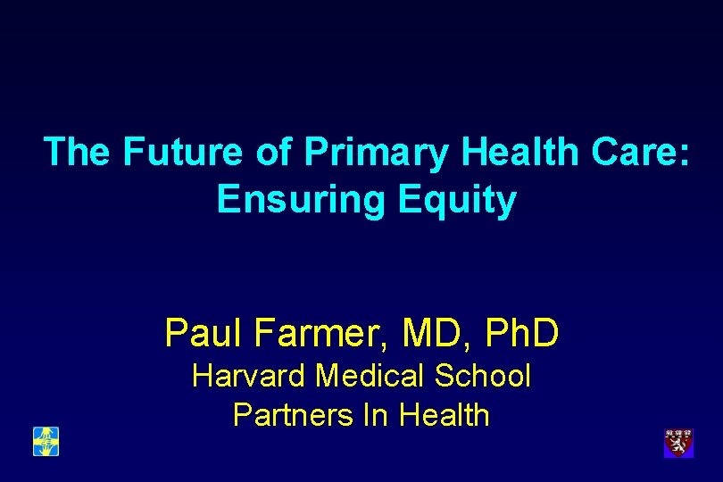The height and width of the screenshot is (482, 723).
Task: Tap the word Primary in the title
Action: point(377,152)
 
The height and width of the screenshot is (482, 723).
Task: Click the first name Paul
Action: point(204,333)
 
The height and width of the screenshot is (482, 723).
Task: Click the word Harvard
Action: point(249,376)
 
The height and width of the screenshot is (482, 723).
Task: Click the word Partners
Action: point(283,415)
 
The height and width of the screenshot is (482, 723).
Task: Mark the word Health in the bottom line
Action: point(444,415)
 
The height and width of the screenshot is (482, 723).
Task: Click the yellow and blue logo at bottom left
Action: point(46,441)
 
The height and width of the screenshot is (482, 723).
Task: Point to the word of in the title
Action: point(273,152)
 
